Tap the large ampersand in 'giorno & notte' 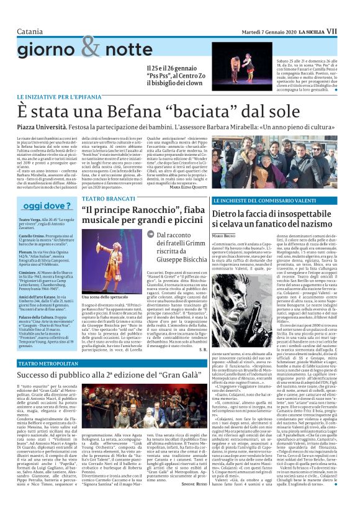(x=90, y=45)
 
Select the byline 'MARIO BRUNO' (x=223, y=237)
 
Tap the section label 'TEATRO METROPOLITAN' (x=48, y=363)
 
